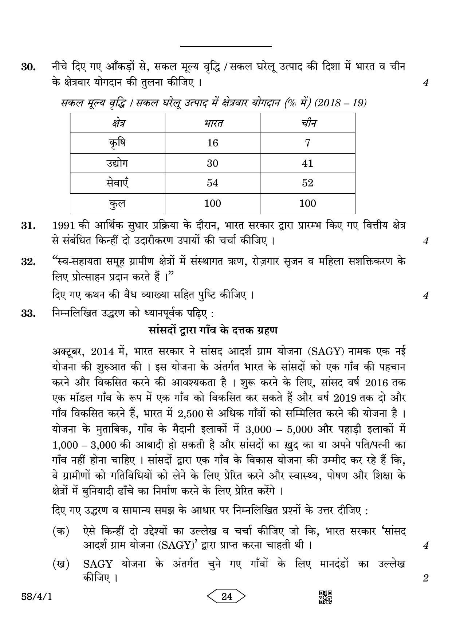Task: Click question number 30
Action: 28,67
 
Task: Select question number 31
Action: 28,226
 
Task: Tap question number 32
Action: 28,262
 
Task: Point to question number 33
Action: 28,313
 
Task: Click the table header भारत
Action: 212,123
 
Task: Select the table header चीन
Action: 307,123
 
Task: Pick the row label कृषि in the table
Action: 117,143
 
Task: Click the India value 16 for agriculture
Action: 212,143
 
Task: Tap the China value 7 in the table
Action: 307,143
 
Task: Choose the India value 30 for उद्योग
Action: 212,163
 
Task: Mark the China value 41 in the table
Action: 307,163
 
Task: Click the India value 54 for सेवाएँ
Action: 212,183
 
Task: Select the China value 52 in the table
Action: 307,183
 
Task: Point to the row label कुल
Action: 117,204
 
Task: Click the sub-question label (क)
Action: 61,531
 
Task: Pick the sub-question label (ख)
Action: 61,564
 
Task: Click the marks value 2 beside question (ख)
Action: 425,578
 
